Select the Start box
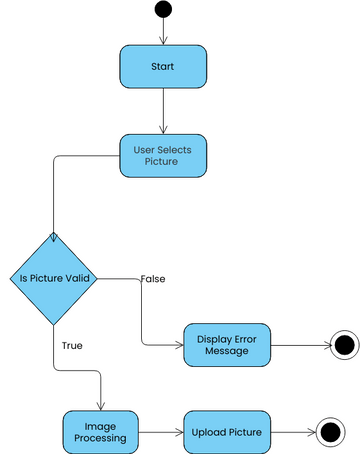point(163,66)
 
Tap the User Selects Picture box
point(163,156)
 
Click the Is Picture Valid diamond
point(54,278)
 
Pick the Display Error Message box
point(226,344)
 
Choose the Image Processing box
point(102,432)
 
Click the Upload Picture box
point(226,432)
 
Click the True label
point(72,345)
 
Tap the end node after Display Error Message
point(344,345)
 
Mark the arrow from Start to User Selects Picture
point(163,110)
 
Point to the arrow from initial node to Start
point(163,32)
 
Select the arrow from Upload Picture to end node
point(290,432)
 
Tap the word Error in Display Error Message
point(247,337)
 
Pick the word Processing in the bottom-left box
point(102,438)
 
